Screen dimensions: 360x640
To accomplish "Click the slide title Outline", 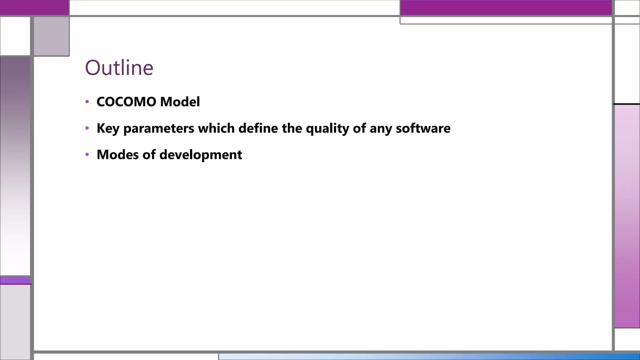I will coord(119,67).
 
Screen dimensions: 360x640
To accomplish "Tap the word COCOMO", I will coord(126,102).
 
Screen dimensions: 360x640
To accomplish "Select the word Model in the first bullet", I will coord(180,102).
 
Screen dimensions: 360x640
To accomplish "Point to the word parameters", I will coord(159,128).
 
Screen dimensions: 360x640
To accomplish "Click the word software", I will coord(423,128).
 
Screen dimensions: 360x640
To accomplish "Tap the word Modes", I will coord(117,155).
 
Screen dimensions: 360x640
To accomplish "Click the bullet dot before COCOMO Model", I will coord(87,102).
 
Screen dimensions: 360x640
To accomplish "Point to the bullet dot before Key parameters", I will coord(87,128).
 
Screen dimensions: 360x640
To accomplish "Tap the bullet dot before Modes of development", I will coord(87,154).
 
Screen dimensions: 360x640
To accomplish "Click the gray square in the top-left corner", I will coord(51,36).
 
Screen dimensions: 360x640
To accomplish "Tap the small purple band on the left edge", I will coord(15,280).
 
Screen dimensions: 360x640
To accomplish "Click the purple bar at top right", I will coord(506,7).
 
